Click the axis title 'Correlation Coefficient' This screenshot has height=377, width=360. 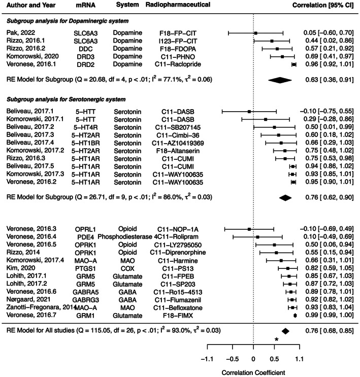[253, 372]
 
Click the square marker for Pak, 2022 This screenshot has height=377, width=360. [255, 32]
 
